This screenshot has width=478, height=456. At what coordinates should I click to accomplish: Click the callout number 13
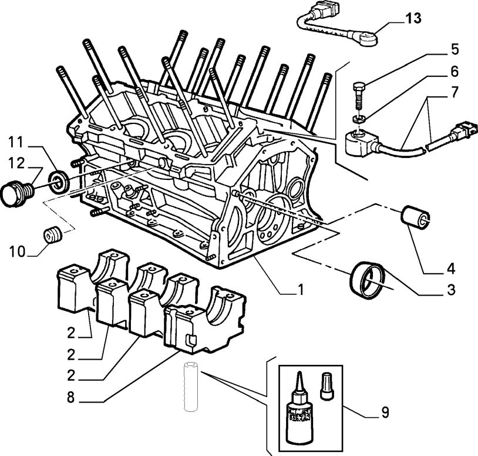tap(413, 18)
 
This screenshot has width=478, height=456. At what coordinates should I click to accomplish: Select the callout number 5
tap(455, 49)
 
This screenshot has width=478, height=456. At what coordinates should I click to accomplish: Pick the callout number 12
tap(16, 162)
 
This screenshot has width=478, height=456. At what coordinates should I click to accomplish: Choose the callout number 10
tap(16, 253)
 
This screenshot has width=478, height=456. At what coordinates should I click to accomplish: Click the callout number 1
tap(300, 289)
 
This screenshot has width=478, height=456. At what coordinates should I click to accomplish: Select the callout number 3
tap(450, 289)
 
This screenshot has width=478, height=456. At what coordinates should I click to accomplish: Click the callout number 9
tap(385, 413)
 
